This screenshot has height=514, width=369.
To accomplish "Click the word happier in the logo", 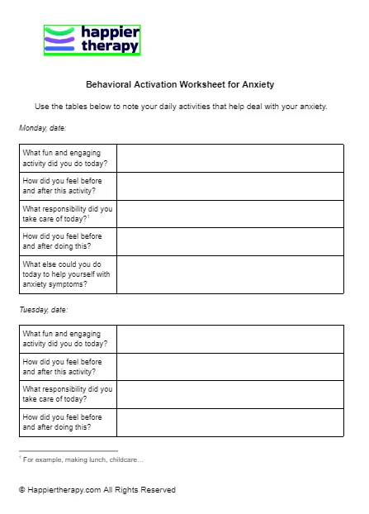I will point(110,32).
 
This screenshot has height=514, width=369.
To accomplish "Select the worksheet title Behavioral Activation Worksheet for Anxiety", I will point(180,84).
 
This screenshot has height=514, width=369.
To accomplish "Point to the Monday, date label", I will point(42,128).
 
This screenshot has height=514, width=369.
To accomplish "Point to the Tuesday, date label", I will point(43,310).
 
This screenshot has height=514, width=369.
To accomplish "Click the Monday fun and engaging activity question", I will point(68,158).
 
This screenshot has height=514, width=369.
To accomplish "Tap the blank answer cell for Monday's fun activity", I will point(229,158).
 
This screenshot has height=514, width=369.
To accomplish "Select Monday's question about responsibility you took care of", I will point(68,214).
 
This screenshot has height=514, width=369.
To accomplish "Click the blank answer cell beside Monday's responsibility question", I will point(229,214).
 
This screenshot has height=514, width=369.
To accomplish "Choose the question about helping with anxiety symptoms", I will point(68,274).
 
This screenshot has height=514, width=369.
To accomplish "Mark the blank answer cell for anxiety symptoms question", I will point(229,274).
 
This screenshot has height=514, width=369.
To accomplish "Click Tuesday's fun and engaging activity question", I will point(68,339).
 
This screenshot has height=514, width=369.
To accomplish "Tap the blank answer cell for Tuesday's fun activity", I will point(229,339).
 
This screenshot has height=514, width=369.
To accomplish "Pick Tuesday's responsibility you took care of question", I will point(68,394).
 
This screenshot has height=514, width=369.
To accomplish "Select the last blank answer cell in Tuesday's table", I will point(229,422).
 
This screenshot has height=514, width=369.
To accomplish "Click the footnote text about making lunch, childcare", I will point(83,459).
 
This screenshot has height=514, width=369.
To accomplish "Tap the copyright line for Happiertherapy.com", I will point(97,490).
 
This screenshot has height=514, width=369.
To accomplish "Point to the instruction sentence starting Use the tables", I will point(181,107).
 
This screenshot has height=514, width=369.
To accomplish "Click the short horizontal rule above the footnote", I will point(68,451).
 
